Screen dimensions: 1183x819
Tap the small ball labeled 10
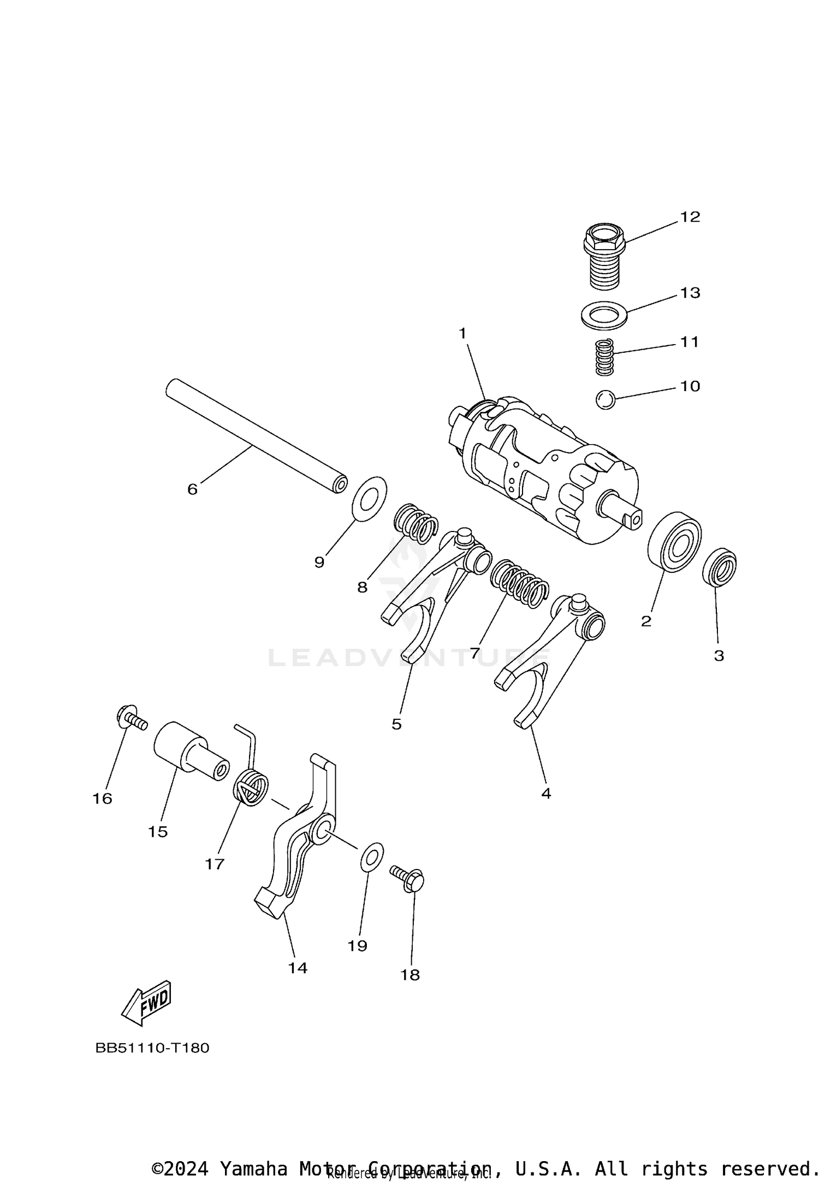[605, 400]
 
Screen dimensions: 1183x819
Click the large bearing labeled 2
[674, 542]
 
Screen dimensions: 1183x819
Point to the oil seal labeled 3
[719, 567]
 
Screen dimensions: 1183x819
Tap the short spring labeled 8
[417, 524]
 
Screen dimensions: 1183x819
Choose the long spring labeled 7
[519, 584]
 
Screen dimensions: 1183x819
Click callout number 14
[298, 968]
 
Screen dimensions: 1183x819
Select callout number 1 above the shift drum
[462, 333]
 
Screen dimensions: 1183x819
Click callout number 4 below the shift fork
[546, 794]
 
